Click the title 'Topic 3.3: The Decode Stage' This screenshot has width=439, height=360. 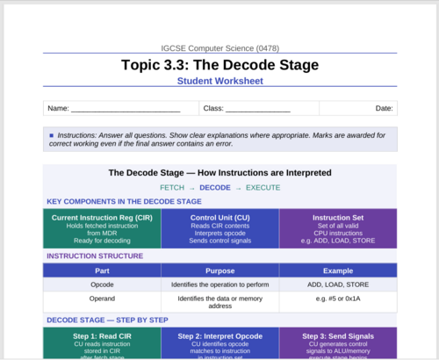click(219, 65)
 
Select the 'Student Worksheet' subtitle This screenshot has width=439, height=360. click(220, 81)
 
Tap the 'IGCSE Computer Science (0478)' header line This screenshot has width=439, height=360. click(220, 48)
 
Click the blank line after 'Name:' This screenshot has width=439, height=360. click(126, 112)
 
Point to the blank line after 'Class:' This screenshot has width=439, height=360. click(258, 112)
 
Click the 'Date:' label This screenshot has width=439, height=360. click(384, 108)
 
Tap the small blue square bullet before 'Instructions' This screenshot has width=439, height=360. click(52, 135)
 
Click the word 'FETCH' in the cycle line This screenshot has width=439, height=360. click(172, 188)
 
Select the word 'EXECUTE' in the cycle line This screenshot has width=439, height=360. click(263, 188)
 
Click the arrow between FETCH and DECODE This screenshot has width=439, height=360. click(192, 189)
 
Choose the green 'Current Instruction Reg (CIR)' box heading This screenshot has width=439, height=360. click(102, 218)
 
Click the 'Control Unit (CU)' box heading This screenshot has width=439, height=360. click(220, 218)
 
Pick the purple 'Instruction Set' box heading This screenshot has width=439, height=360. click(338, 218)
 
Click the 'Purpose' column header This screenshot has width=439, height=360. click(220, 270)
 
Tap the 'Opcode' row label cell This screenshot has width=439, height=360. click(102, 284)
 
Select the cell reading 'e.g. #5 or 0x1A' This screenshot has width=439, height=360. click(338, 299)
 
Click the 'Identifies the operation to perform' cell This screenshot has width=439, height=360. click(220, 284)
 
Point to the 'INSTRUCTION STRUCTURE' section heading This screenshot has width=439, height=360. click(95, 256)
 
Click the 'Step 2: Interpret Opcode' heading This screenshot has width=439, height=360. click(220, 336)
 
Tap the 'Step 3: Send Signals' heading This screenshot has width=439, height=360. click(338, 336)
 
